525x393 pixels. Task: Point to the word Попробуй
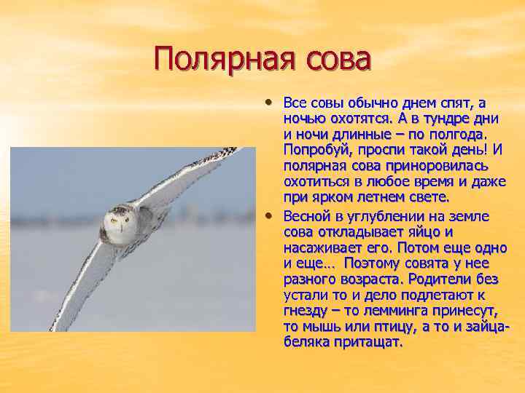click(316, 150)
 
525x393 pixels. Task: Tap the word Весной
click(305, 216)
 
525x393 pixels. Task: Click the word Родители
click(442, 279)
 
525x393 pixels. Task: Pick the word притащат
click(365, 343)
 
